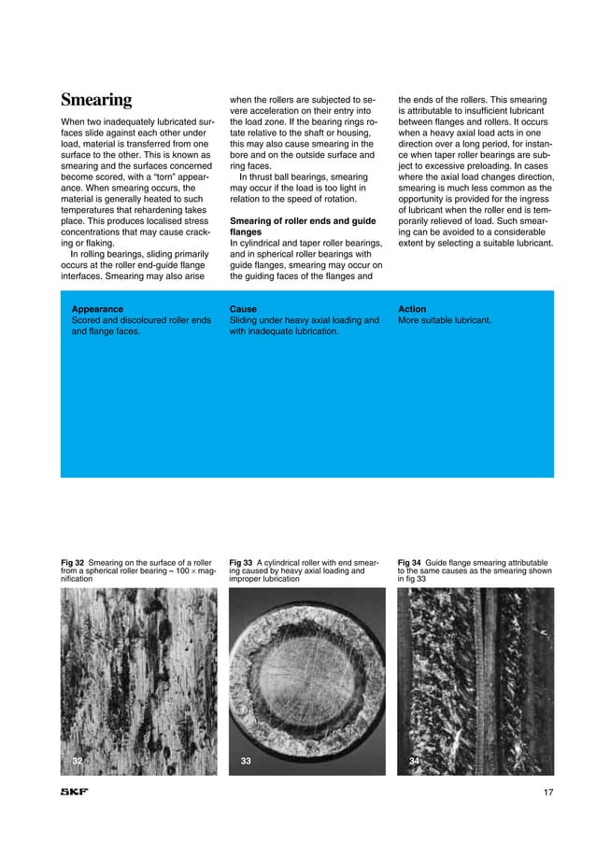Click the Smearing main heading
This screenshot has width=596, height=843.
coord(96,100)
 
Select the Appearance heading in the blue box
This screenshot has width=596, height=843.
coord(97,308)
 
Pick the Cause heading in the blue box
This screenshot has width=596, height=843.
coord(243,308)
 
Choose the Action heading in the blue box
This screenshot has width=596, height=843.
coord(413,308)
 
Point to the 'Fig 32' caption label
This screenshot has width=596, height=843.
coord(73,563)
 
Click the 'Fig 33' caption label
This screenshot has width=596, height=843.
coord(241,563)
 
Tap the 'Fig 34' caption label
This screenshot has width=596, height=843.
coord(410,563)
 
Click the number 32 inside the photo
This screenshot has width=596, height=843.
coord(78,762)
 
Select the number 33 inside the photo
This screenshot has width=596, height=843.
coord(246,762)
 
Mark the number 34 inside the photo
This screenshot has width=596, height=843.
coord(415,762)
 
